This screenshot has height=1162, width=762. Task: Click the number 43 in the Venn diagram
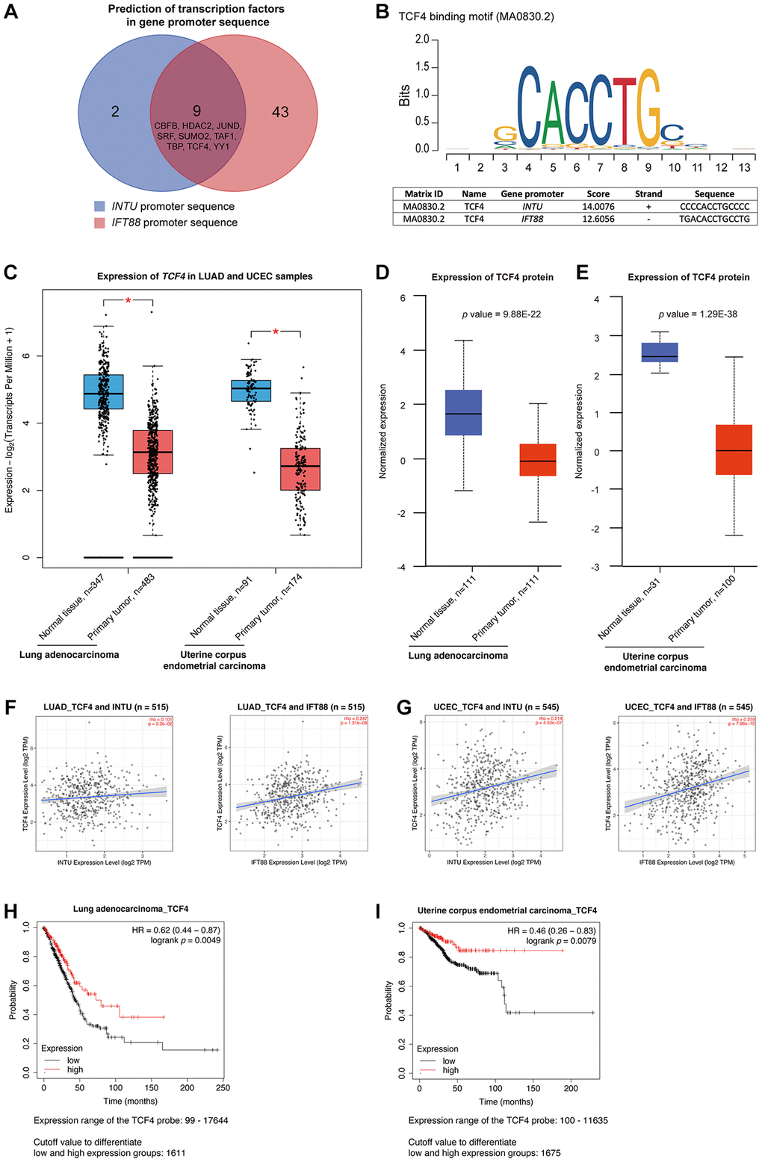tap(280, 112)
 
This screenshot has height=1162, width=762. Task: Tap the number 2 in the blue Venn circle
tap(115, 112)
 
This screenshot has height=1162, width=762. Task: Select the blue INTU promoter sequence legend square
tap(99, 206)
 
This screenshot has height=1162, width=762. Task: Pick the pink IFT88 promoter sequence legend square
tap(99, 223)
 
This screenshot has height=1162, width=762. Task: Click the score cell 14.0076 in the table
tap(598, 206)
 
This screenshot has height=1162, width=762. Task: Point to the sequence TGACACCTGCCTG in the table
tap(714, 219)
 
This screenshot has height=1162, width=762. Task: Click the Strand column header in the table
tap(648, 193)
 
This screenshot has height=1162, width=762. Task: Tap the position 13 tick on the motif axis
tap(744, 168)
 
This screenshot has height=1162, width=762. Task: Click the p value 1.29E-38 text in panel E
tap(698, 314)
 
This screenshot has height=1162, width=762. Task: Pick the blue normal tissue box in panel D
tap(463, 412)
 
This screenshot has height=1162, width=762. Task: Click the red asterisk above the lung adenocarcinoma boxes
tap(128, 301)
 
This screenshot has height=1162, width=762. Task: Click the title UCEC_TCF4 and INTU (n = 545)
tap(496, 707)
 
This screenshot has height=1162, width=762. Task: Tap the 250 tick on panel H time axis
tap(223, 1088)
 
